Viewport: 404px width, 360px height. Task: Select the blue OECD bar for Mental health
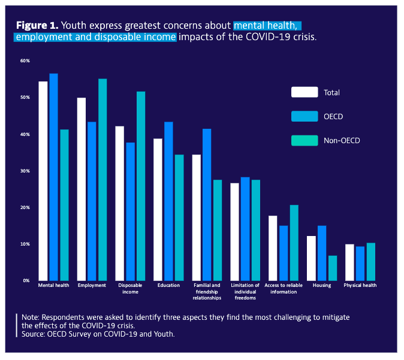pyautogui.click(x=53, y=177)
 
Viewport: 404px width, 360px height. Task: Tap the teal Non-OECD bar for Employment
pyautogui.click(x=102, y=180)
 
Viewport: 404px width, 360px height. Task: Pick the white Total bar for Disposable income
pyautogui.click(x=120, y=203)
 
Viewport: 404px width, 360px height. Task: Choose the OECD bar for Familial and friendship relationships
pyautogui.click(x=207, y=204)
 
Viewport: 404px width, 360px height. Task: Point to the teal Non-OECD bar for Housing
pyautogui.click(x=333, y=268)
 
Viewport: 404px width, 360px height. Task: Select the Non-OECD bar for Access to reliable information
pyautogui.click(x=294, y=243)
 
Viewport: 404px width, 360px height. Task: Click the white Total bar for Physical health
pyautogui.click(x=349, y=262)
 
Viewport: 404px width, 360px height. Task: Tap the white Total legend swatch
pyautogui.click(x=304, y=92)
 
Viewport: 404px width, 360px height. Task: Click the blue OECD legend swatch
pyautogui.click(x=304, y=116)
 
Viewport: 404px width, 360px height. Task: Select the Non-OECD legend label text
pyautogui.click(x=342, y=141)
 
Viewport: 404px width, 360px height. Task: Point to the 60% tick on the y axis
pyautogui.click(x=25, y=61)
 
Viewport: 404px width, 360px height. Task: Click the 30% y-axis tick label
pyautogui.click(x=25, y=171)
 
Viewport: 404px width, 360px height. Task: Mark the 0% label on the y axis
pyautogui.click(x=26, y=280)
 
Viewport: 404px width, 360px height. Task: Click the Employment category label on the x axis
pyautogui.click(x=92, y=286)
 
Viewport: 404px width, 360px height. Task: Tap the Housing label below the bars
pyautogui.click(x=322, y=286)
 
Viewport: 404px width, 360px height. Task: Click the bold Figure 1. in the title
pyautogui.click(x=37, y=25)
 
